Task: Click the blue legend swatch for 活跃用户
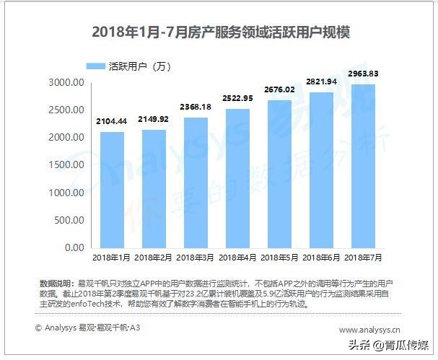tap(95, 66)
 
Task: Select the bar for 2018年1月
tap(111, 190)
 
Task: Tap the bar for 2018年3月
tap(196, 183)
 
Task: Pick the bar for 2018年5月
tap(280, 174)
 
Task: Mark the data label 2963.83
tap(364, 75)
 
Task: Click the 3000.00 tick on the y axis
tap(66, 83)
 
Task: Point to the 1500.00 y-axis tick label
tap(66, 165)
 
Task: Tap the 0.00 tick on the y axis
tap(74, 248)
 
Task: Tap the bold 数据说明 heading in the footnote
tap(57, 281)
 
